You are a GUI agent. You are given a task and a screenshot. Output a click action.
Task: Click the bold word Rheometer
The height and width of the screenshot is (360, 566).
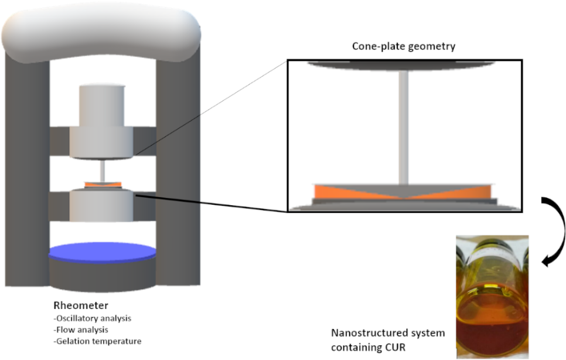pyautogui.click(x=81, y=305)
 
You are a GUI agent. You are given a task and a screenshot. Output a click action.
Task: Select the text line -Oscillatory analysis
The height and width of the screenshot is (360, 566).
pyautogui.click(x=92, y=318)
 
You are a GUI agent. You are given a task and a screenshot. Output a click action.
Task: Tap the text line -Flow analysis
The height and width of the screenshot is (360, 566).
pyautogui.click(x=80, y=330)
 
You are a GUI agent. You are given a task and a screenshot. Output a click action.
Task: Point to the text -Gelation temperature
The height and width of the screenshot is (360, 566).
pyautogui.click(x=97, y=341)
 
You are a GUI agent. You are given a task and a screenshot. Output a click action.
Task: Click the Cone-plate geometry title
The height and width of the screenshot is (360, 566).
pyautogui.click(x=404, y=46)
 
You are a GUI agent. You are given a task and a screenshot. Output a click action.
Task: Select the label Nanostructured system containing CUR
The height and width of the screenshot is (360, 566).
pyautogui.click(x=388, y=340)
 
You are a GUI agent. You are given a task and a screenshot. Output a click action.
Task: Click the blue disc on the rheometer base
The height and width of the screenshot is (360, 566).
pyautogui.click(x=102, y=252)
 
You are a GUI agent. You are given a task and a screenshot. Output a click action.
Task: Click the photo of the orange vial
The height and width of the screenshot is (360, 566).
pyautogui.click(x=492, y=297)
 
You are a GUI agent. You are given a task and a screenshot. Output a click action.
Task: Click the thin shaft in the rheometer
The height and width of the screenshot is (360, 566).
pyautogui.click(x=103, y=171)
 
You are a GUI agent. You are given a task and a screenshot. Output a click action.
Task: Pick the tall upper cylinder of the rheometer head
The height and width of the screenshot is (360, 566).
pyautogui.click(x=101, y=106)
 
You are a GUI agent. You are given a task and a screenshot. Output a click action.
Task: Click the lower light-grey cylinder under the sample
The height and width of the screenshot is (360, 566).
pyautogui.click(x=101, y=205)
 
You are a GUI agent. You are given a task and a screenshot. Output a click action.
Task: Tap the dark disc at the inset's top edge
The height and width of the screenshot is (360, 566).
pyautogui.click(x=401, y=65)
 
